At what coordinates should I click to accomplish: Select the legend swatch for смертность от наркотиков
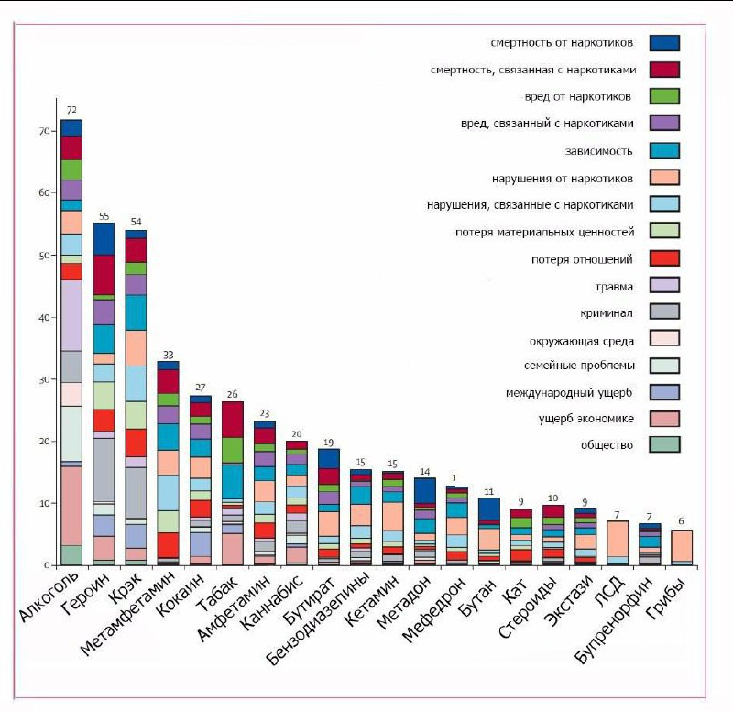coord(664,42)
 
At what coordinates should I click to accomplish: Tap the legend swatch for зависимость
coord(664,150)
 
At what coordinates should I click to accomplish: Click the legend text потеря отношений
coord(583,259)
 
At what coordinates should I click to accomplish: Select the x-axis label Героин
coord(92,596)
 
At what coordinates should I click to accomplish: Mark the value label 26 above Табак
coord(232,394)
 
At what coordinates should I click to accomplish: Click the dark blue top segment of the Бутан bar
coord(488,509)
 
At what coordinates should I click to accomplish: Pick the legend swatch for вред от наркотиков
coord(664,96)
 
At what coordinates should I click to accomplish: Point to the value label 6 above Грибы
coord(681,520)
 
